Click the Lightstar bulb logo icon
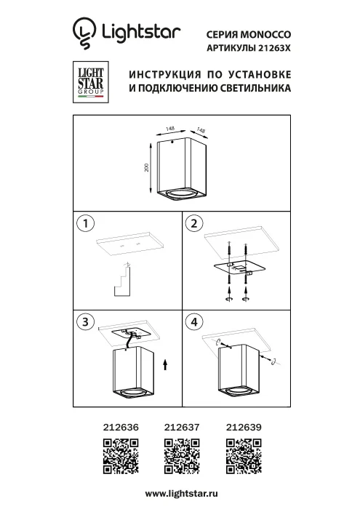pyautogui.click(x=84, y=33)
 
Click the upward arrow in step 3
pyautogui.click(x=167, y=364)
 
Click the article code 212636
pyautogui.click(x=120, y=429)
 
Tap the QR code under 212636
pyautogui.click(x=120, y=457)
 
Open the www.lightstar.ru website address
pyautogui.click(x=181, y=494)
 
